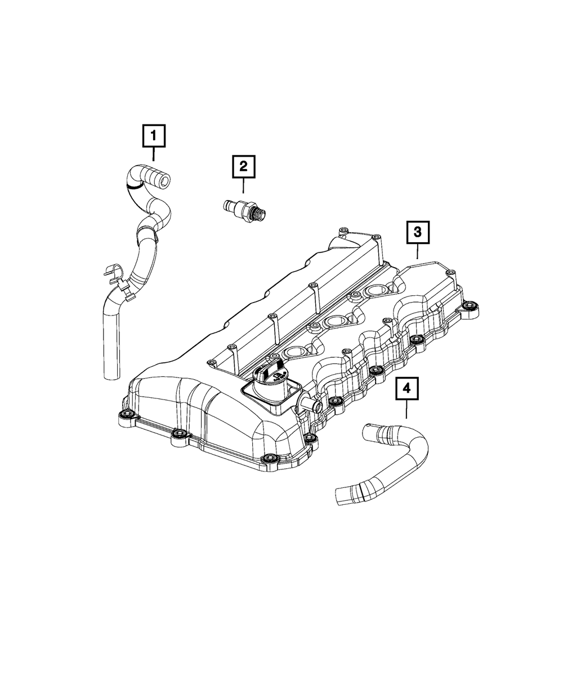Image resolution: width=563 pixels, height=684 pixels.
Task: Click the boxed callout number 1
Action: point(154,136)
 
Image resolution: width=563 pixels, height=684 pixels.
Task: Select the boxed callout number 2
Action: point(243,166)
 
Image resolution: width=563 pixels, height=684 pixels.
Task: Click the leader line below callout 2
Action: point(243,185)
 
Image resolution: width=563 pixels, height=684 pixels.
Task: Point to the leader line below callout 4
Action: point(406,410)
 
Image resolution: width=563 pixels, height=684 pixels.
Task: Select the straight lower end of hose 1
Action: point(111,349)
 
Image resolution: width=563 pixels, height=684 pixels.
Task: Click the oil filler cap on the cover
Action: point(271,375)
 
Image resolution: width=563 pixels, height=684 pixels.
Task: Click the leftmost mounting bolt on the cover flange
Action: point(123,416)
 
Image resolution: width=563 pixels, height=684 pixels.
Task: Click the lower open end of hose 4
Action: point(339,495)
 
